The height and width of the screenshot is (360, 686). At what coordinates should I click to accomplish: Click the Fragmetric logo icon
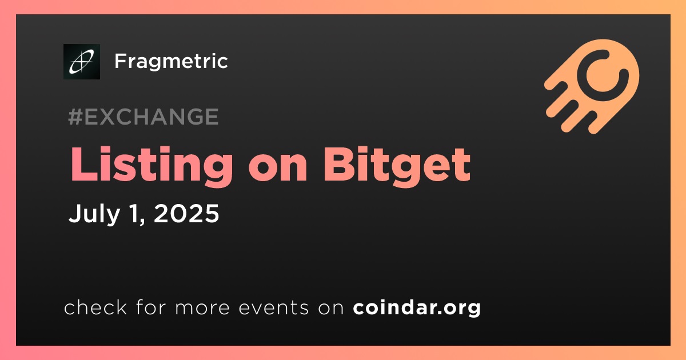point(82,62)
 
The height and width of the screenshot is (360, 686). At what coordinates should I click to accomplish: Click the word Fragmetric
point(171,61)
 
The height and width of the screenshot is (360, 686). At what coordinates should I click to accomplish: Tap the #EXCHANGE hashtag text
point(143,117)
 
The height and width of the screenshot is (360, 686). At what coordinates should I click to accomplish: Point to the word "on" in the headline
point(278,169)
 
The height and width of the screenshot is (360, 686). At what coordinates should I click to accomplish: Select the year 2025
point(186,213)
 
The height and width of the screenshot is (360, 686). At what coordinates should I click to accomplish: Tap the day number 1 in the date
point(134,213)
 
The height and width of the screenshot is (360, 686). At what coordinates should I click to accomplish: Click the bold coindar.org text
point(417,307)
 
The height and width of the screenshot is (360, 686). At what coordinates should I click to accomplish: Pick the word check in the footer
point(95,307)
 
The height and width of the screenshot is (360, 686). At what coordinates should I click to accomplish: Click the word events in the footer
point(273,308)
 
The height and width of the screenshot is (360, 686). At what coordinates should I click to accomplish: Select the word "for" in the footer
point(151,307)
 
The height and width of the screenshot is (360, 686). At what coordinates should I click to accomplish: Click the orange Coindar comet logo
point(592,86)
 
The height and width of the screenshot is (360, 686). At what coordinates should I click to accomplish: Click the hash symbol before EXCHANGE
point(75,117)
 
